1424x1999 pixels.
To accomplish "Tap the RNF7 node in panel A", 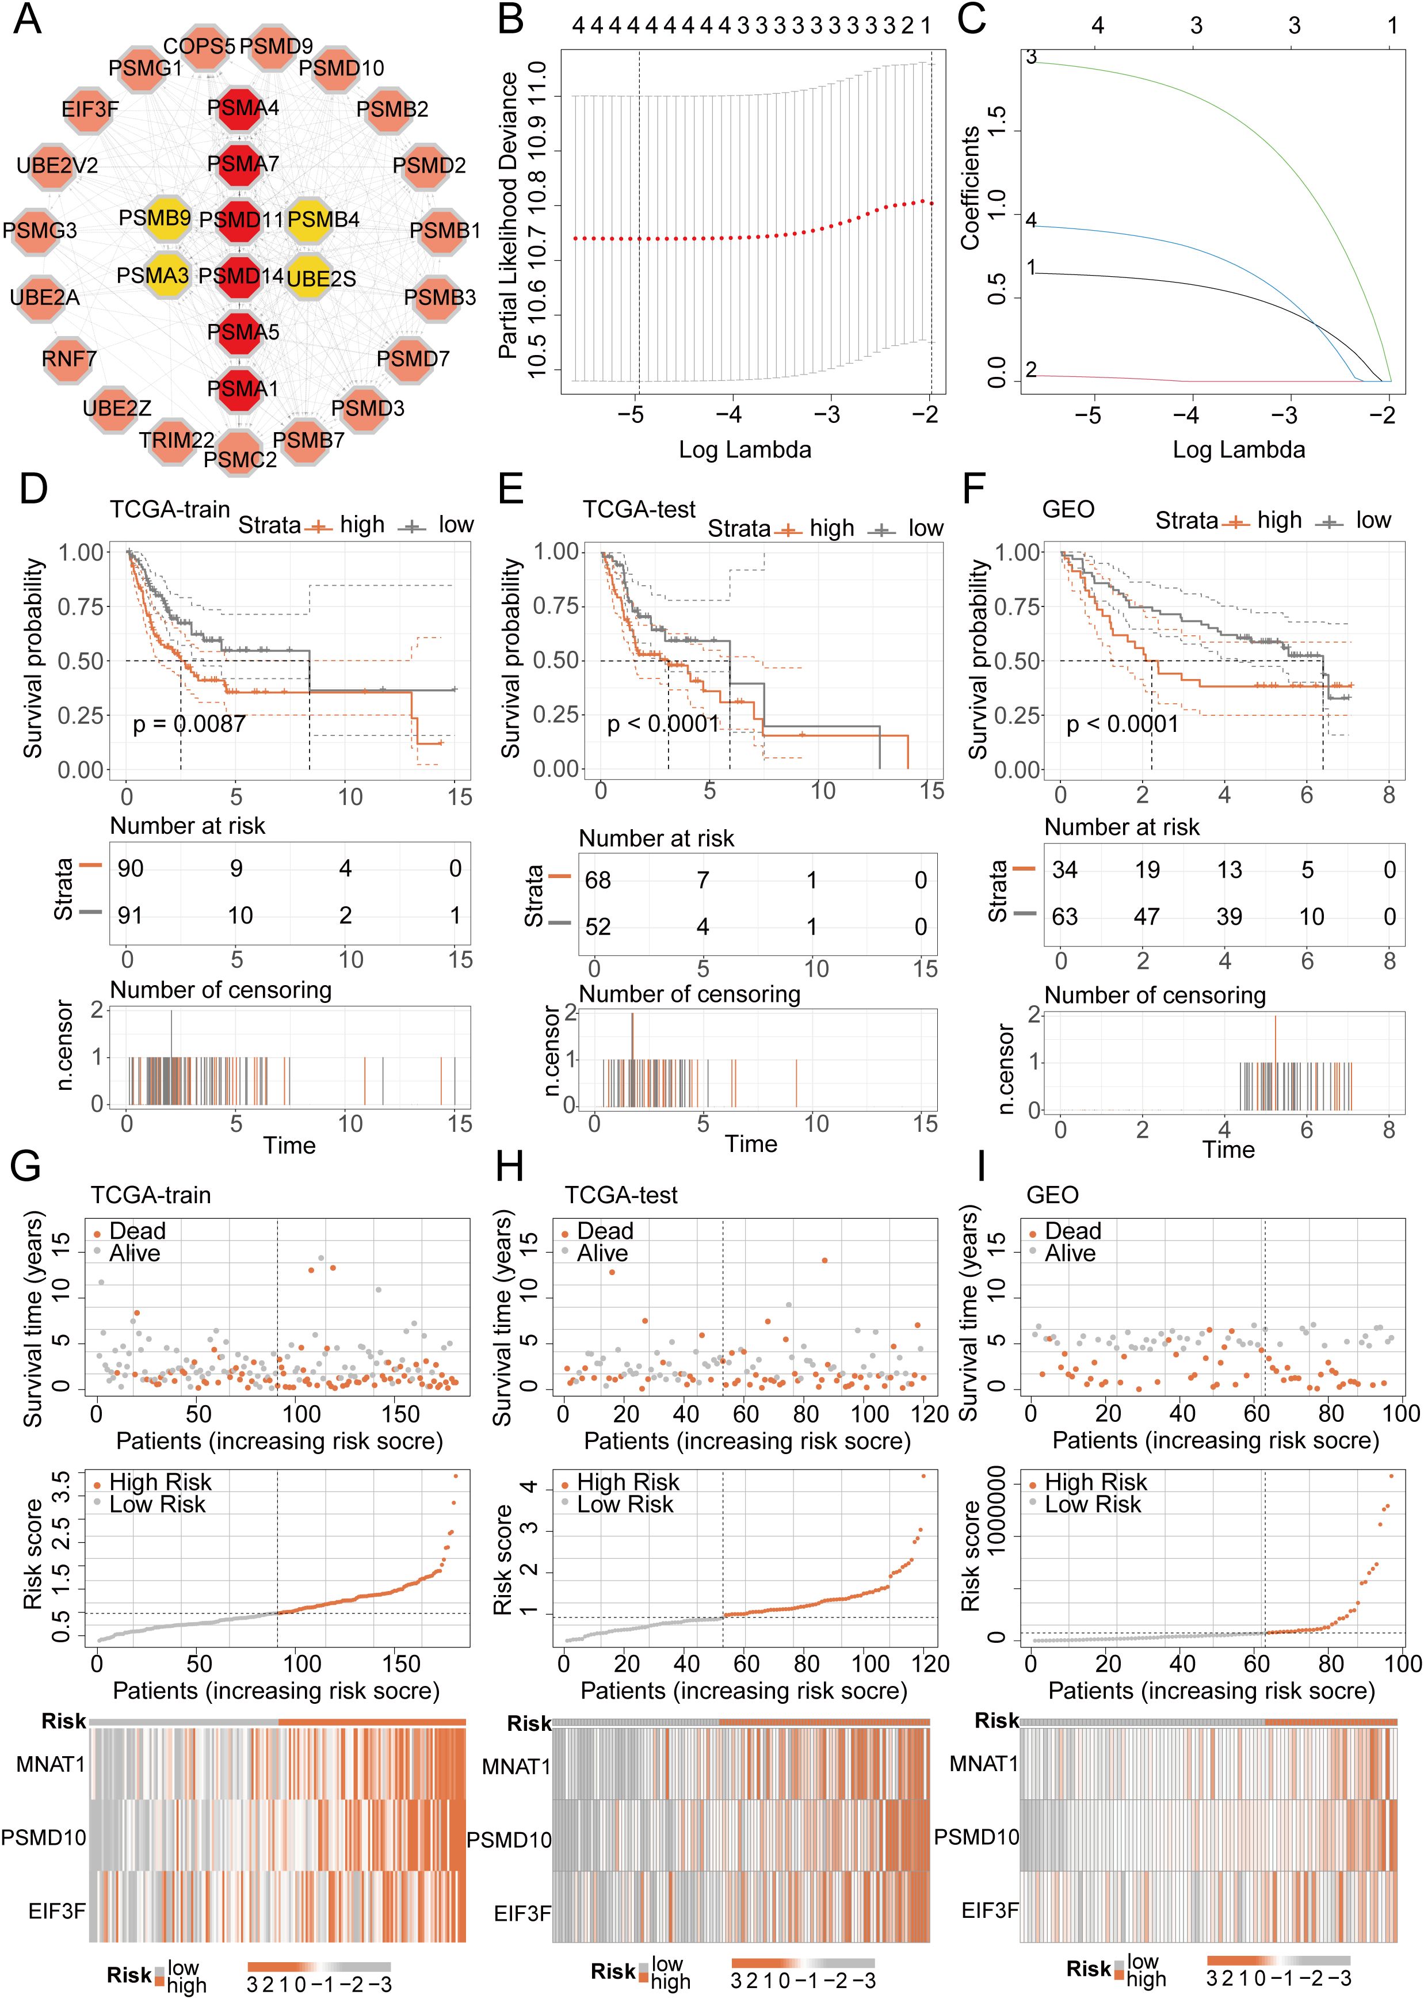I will (x=68, y=358).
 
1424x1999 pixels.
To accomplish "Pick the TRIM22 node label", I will (x=176, y=439).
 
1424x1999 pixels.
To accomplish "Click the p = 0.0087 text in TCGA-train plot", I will (x=189, y=724).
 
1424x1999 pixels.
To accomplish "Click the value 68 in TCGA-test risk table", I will (x=598, y=880).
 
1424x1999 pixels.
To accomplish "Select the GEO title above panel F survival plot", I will (x=1068, y=509).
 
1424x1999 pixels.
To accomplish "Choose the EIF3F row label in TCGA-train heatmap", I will (x=56, y=1910).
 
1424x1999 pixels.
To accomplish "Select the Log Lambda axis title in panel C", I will (x=1238, y=450).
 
